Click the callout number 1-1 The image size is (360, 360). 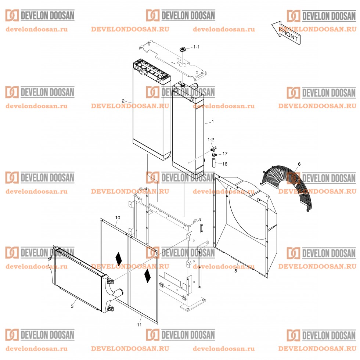196,47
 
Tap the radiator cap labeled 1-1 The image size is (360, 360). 183,49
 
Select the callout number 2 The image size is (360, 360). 123,101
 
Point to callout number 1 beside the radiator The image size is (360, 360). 212,122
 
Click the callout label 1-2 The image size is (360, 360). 210,140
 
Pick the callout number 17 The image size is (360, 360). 225,154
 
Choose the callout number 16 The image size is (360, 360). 225,164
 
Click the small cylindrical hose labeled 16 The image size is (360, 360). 214,162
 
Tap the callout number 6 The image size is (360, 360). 299,164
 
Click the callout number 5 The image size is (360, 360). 235,271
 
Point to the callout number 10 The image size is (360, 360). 118,217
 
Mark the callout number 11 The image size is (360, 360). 139,325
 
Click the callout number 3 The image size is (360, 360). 72,306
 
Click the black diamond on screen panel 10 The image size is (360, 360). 118,259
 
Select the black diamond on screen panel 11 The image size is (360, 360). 147,276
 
